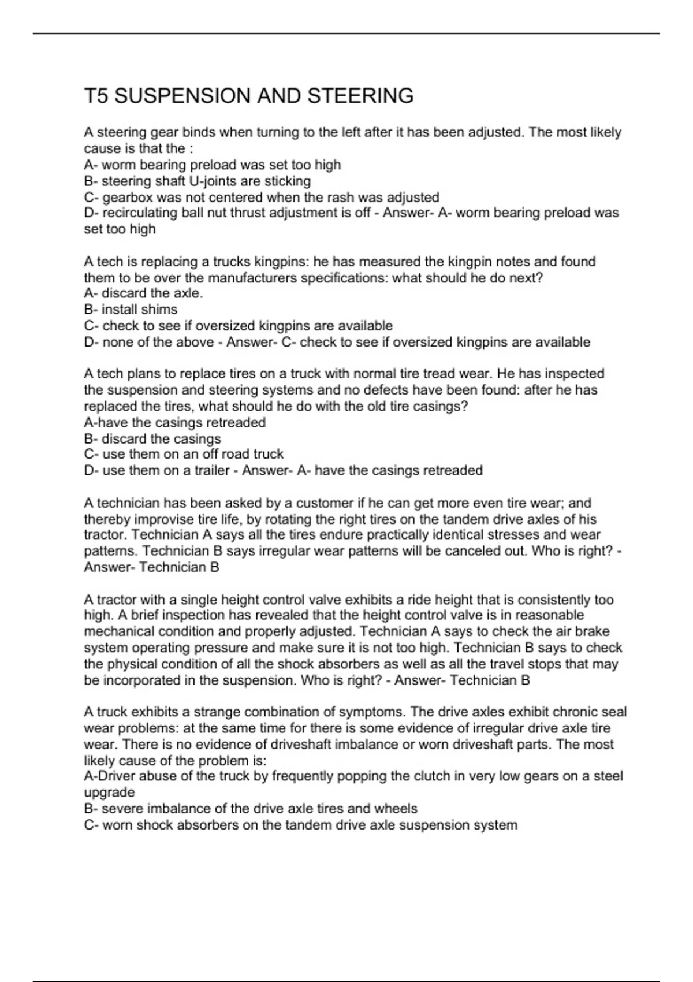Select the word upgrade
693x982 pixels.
coord(109,793)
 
